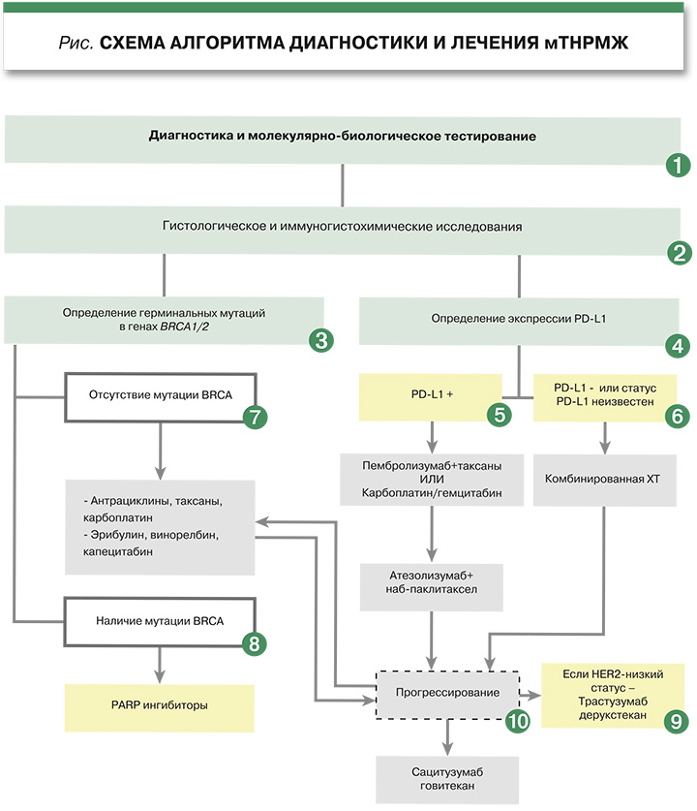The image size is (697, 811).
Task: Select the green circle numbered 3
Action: click(320, 340)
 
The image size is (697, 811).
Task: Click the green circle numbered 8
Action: click(254, 642)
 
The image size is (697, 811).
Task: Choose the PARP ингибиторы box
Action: click(160, 707)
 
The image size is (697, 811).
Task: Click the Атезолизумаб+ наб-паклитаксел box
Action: click(432, 581)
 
